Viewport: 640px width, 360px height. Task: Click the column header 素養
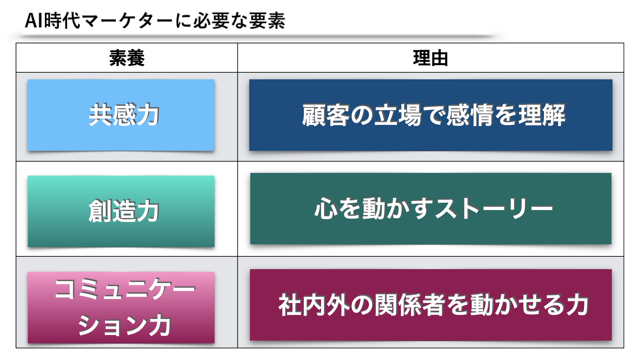pyautogui.click(x=127, y=58)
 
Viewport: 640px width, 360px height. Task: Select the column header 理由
pyautogui.click(x=430, y=58)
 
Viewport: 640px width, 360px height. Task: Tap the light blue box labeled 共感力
pyautogui.click(x=121, y=115)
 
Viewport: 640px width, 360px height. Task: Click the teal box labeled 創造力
pyautogui.click(x=121, y=211)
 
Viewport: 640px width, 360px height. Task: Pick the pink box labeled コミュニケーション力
pyautogui.click(x=121, y=307)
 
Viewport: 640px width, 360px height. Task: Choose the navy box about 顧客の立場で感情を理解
pyautogui.click(x=431, y=115)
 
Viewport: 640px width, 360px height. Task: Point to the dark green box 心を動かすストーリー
pyautogui.click(x=431, y=209)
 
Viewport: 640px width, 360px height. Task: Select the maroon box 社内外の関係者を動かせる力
pyautogui.click(x=431, y=305)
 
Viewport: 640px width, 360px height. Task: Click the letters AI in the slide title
pyautogui.click(x=34, y=21)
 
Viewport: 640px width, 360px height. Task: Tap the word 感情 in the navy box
pyautogui.click(x=470, y=115)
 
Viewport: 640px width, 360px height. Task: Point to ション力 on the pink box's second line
pyautogui.click(x=124, y=325)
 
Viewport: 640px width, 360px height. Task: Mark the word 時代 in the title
pyautogui.click(x=62, y=21)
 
